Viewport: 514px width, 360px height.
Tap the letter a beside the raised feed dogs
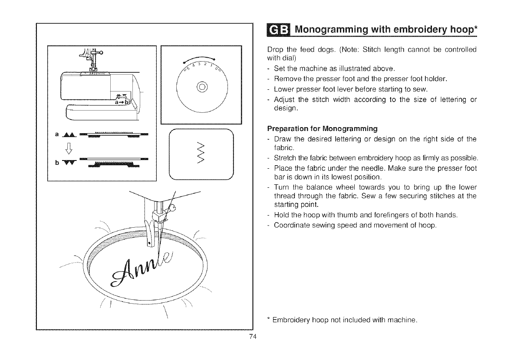point(56,134)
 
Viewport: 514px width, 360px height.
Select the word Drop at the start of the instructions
point(273,49)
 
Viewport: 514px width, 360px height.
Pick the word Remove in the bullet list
point(287,79)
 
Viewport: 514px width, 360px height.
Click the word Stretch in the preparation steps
point(285,157)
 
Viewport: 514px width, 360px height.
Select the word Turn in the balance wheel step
point(281,187)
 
